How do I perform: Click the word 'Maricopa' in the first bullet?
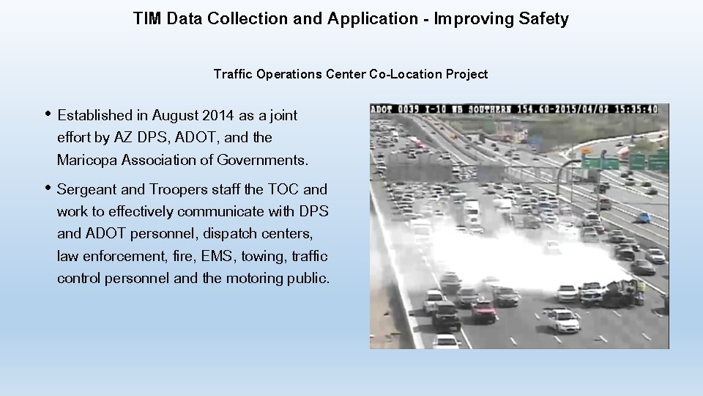pyautogui.click(x=87, y=160)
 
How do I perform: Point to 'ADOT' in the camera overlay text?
pyautogui.click(x=382, y=109)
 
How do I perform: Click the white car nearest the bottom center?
pyautogui.click(x=562, y=320)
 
